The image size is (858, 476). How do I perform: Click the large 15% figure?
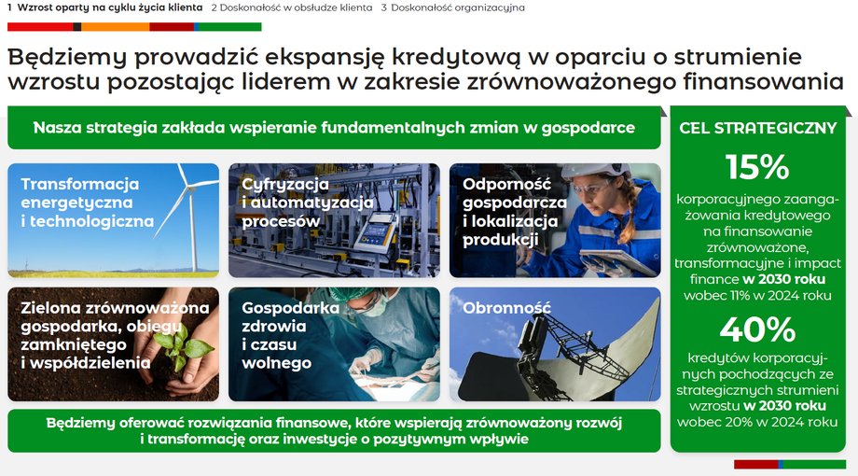[x=757, y=166]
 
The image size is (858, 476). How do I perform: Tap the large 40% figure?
[x=757, y=329]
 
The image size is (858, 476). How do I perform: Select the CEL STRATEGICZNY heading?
[x=758, y=128]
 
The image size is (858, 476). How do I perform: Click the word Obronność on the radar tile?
[x=506, y=308]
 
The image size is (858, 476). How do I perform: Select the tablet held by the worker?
[x=617, y=261]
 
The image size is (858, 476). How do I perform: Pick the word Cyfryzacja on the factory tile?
[x=285, y=184]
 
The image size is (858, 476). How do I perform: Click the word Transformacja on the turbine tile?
[x=80, y=184]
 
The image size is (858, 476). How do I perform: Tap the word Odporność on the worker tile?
[x=506, y=184]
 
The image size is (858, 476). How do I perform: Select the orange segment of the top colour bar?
[x=116, y=27]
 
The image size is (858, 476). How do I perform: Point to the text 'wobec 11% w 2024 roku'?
[x=757, y=296]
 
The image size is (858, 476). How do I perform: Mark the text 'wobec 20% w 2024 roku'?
[x=757, y=422]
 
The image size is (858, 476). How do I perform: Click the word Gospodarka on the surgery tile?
[x=291, y=308]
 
